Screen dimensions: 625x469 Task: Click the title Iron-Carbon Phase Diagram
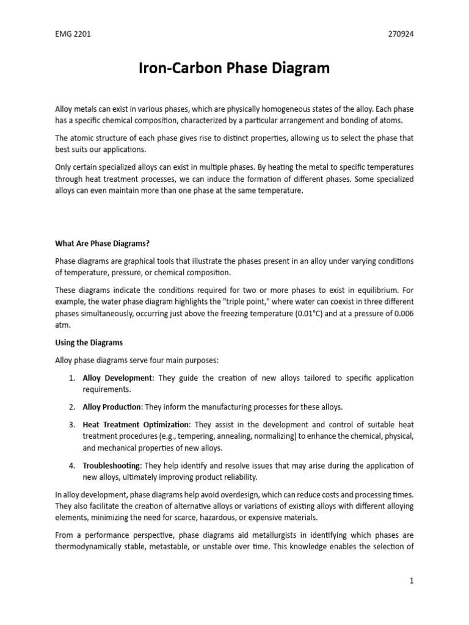234,68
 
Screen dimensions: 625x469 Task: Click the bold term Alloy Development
118,378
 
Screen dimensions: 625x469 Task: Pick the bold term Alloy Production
112,406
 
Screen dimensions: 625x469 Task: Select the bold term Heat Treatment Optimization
137,424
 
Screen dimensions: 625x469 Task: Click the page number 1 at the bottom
412,581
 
